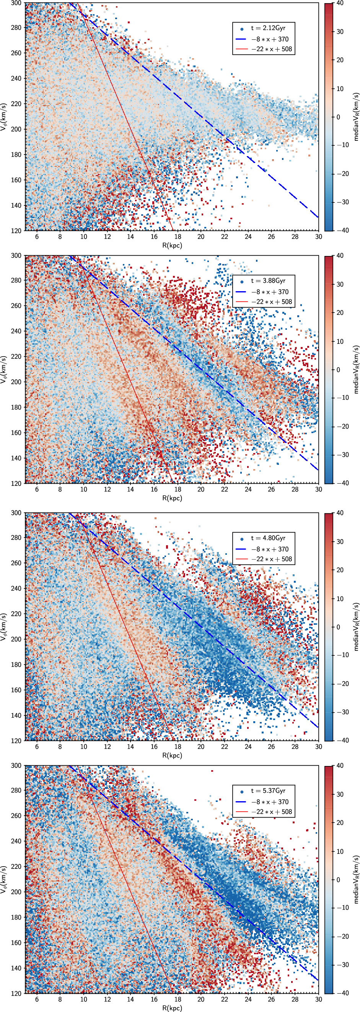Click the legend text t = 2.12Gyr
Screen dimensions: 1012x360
pyautogui.click(x=268, y=28)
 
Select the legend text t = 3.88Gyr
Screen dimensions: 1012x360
pyautogui.click(x=268, y=281)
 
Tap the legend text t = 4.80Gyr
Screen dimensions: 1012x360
pyautogui.click(x=268, y=538)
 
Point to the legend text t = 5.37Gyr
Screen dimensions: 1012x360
pyautogui.click(x=268, y=791)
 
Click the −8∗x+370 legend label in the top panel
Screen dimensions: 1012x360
pyautogui.click(x=270, y=39)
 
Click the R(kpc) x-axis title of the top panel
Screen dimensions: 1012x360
pyautogui.click(x=172, y=246)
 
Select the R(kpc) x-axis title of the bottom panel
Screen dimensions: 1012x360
pyautogui.click(x=172, y=1008)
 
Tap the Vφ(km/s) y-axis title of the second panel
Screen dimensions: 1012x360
pyautogui.click(x=4, y=369)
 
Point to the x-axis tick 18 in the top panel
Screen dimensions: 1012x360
pyautogui.click(x=178, y=237)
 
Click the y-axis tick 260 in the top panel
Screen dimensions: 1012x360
pyautogui.click(x=16, y=53)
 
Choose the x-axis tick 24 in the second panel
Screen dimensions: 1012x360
pyautogui.click(x=248, y=489)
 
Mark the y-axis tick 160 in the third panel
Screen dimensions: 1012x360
pyautogui.click(x=16, y=690)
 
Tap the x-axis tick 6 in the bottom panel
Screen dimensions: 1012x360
pyautogui.click(x=37, y=999)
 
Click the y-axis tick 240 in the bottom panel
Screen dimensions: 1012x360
pyautogui.click(x=16, y=841)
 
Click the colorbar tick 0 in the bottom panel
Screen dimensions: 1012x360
pyautogui.click(x=338, y=880)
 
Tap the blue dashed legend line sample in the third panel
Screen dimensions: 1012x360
pyautogui.click(x=241, y=549)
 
